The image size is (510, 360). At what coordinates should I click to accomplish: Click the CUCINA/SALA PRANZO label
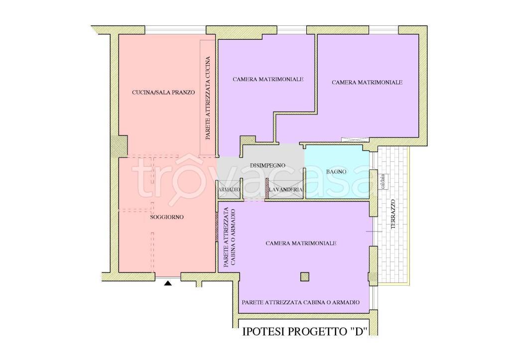point(163,92)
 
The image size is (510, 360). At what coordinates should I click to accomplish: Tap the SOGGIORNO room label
point(167,217)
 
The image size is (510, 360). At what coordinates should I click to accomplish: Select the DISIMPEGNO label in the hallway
point(267,165)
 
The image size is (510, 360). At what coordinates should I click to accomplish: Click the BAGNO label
point(336,171)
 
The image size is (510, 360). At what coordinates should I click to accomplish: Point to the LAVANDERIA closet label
point(285,189)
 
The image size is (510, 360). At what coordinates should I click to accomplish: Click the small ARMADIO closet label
point(229,189)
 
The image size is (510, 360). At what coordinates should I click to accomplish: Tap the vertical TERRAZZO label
point(393,214)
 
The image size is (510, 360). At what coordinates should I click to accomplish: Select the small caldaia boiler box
point(383,182)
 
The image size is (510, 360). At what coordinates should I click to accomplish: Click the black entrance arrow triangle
point(167,283)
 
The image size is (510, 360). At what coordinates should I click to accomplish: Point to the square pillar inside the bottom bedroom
point(305,277)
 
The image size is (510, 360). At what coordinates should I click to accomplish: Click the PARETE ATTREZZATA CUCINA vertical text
point(208,98)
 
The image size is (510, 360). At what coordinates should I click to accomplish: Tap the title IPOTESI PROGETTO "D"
point(305,332)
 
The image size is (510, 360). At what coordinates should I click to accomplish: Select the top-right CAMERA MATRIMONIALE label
point(367,83)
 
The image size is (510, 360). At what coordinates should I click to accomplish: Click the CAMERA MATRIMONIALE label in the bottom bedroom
point(301,243)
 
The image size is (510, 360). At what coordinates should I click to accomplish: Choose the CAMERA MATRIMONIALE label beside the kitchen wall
point(268,79)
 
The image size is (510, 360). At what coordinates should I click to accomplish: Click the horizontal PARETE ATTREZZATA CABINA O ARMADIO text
point(301,302)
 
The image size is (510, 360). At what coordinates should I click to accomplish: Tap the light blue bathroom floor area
point(337,172)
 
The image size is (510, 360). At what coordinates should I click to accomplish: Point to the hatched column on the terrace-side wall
point(373,277)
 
